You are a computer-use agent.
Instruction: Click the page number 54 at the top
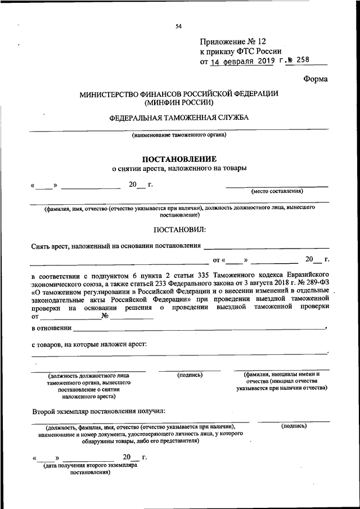(x=178, y=26)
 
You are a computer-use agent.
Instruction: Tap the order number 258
(x=301, y=61)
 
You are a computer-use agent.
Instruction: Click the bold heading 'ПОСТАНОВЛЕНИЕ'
(x=179, y=159)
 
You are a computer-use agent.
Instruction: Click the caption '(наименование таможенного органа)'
(x=179, y=135)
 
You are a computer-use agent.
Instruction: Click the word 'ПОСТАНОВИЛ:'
(x=179, y=229)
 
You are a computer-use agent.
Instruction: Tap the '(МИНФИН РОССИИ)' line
(x=179, y=103)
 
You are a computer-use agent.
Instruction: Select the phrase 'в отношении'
(x=51, y=328)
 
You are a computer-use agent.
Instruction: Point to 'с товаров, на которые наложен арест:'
(x=88, y=343)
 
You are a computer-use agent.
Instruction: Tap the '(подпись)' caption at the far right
(x=294, y=426)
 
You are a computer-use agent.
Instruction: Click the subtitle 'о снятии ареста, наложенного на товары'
(x=179, y=168)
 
